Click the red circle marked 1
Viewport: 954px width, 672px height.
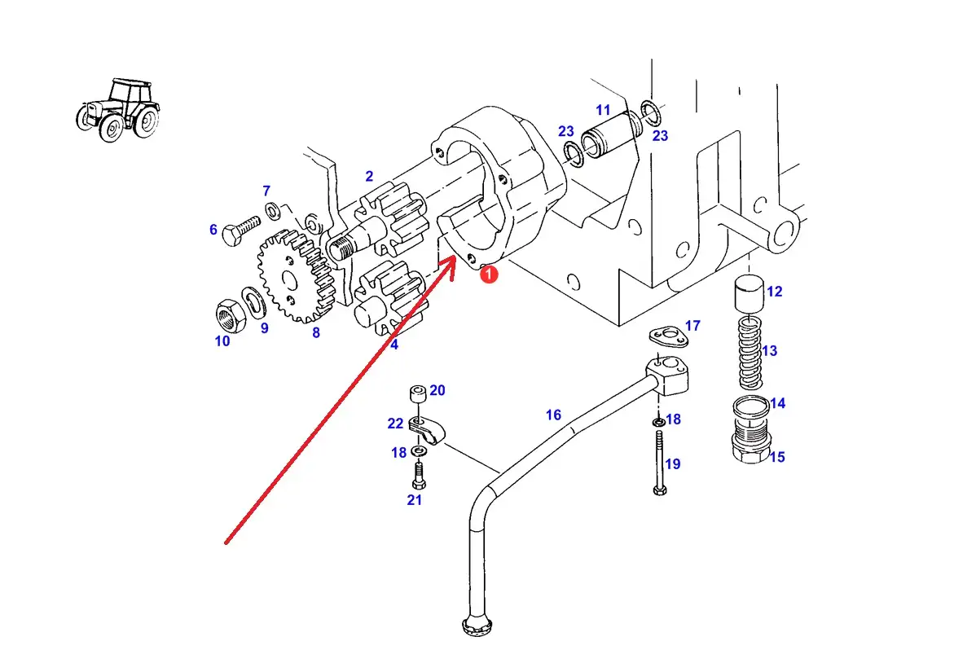[488, 275]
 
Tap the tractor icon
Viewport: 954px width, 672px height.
[118, 110]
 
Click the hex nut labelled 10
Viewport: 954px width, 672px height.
[231, 314]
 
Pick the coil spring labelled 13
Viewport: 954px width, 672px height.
[751, 353]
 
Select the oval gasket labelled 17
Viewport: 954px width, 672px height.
[669, 335]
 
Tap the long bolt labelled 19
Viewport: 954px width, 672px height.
[660, 462]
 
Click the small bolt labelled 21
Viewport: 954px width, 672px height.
[419, 475]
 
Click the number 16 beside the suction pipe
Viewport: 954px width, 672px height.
[553, 415]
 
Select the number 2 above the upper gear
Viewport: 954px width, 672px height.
[369, 177]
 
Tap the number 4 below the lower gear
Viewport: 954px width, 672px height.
[394, 345]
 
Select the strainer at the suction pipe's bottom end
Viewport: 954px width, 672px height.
[477, 626]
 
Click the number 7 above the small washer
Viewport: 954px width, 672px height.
[266, 191]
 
